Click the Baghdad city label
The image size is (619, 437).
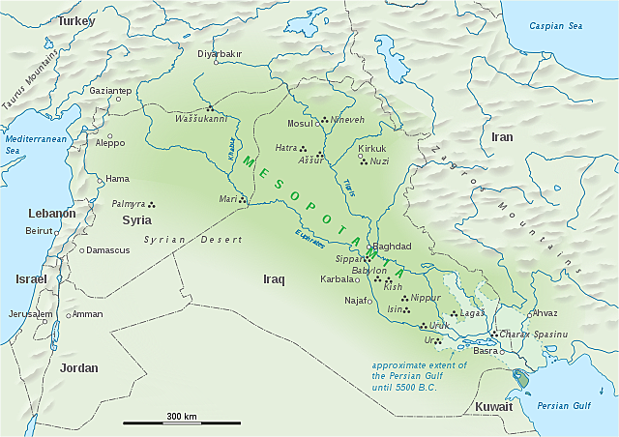pyautogui.click(x=393, y=247)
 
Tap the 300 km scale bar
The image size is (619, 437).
pyautogui.click(x=181, y=422)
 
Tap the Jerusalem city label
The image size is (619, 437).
pyautogui.click(x=29, y=314)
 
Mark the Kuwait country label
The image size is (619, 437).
pyautogui.click(x=493, y=407)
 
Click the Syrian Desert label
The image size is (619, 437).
pyautogui.click(x=180, y=239)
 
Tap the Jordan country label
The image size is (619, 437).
pyautogui.click(x=78, y=367)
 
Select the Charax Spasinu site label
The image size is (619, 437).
pyautogui.click(x=534, y=334)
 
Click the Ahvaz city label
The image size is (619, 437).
pyautogui.click(x=545, y=313)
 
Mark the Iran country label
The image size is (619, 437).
pyautogui.click(x=503, y=137)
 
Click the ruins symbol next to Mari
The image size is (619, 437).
pyautogui.click(x=243, y=200)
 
